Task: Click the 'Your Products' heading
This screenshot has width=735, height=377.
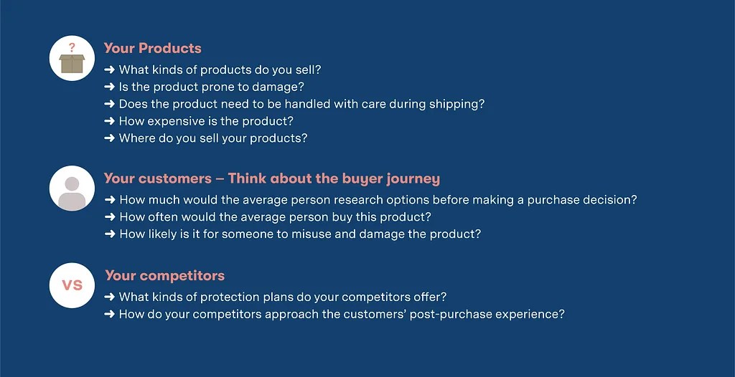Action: tap(152, 48)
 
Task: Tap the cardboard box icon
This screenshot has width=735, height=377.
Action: tap(72, 64)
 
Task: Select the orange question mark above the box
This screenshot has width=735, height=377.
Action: tap(72, 48)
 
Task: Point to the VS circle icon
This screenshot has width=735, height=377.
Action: tap(72, 285)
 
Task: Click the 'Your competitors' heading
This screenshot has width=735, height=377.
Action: tap(164, 275)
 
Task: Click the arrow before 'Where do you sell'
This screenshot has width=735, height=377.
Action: tap(110, 138)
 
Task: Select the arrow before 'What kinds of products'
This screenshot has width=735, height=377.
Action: tap(110, 70)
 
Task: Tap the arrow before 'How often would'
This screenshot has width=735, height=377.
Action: tap(110, 217)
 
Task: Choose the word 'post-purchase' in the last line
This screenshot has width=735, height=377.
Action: tap(446, 314)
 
